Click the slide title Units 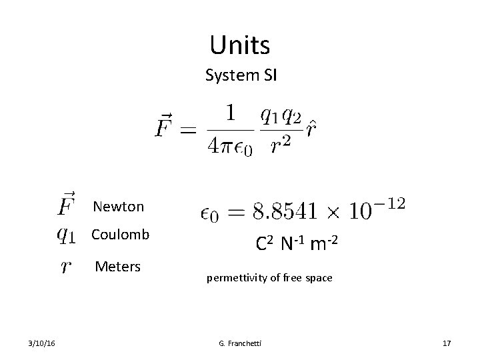pos(239,45)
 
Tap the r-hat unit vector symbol pos(311,127)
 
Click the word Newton pos(119,206)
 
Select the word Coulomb pos(121,235)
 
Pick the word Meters pos(118,267)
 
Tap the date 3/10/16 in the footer pos(43,343)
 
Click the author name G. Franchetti pos(239,343)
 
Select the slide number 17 pos(447,343)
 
